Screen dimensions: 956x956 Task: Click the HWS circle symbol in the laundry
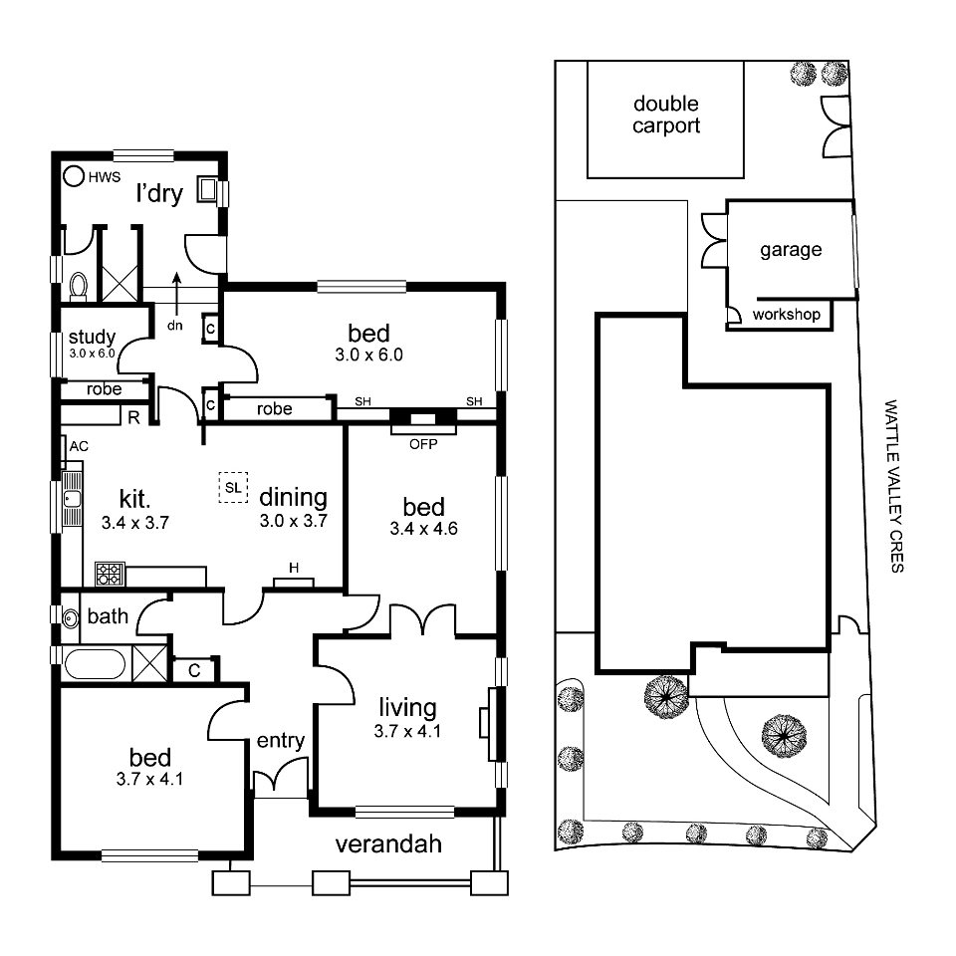tap(74, 176)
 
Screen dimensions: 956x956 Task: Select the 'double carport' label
tap(666, 115)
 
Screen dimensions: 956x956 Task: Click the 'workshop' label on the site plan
tap(787, 315)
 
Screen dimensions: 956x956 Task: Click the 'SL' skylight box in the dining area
tap(233, 487)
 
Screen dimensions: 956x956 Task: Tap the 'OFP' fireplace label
tap(423, 443)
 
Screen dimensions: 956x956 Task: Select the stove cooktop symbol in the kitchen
tap(109, 574)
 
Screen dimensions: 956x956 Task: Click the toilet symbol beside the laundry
tap(79, 286)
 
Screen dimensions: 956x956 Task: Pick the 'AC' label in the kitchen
tap(79, 446)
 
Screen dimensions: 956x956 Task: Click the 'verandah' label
tap(387, 845)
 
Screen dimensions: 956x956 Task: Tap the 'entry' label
tap(280, 740)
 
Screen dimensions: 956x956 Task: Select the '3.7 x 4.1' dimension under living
tap(407, 731)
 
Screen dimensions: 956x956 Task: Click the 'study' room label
tap(92, 337)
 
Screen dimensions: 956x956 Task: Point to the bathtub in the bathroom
tap(94, 663)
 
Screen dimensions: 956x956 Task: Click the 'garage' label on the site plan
tap(791, 249)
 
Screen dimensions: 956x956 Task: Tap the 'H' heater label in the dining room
tap(294, 568)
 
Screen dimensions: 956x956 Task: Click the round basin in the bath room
tap(70, 617)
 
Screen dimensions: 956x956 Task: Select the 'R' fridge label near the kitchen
tap(131, 416)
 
